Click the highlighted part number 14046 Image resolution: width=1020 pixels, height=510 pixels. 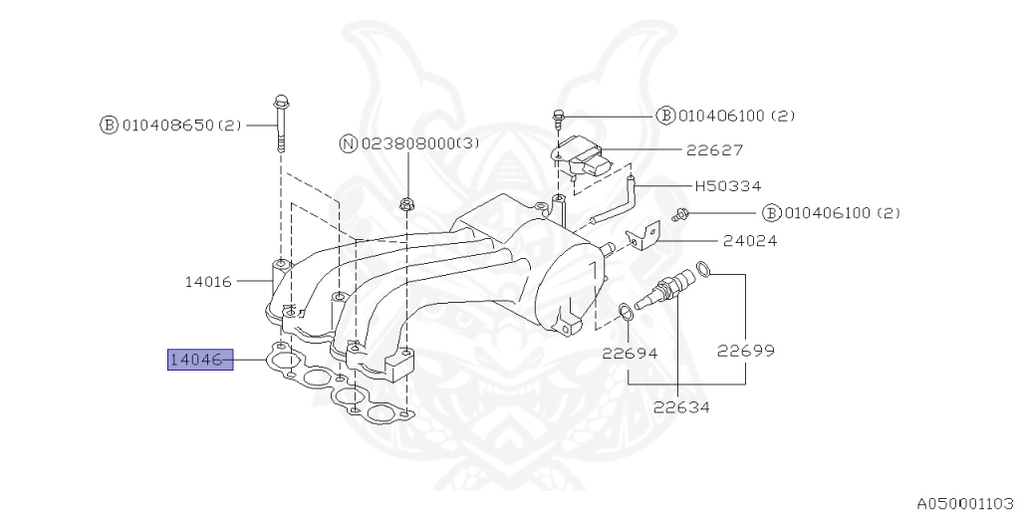[x=199, y=359]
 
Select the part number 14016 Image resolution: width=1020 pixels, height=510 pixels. [x=207, y=282]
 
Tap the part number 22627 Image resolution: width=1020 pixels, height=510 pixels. [x=714, y=150]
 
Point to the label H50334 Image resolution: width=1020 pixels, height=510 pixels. [x=726, y=185]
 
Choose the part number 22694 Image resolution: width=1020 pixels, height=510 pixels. [x=629, y=353]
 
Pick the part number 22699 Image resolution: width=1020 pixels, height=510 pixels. [x=746, y=351]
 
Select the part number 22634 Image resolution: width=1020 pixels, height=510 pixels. [x=682, y=406]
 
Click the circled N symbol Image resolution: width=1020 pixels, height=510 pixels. [x=348, y=144]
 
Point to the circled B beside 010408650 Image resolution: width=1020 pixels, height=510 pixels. [x=108, y=126]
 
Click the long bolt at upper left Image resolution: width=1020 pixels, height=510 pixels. [x=280, y=125]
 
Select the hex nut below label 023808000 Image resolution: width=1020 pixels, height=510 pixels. [x=405, y=205]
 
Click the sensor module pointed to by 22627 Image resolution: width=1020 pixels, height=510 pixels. [x=586, y=158]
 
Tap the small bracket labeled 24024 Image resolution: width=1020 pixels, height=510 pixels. [x=644, y=234]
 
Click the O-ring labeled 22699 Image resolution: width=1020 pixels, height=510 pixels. [x=702, y=268]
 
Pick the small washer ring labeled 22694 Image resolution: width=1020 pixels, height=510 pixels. [x=627, y=314]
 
